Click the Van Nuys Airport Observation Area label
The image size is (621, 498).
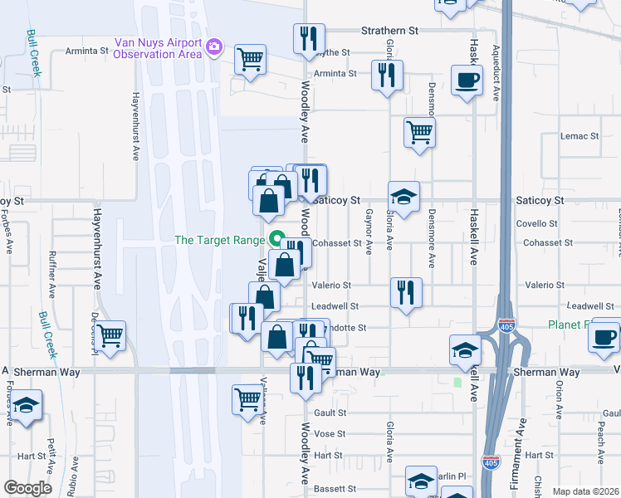(x=158, y=48)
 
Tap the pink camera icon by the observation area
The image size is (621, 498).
(x=215, y=45)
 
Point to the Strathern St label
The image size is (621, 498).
(x=389, y=30)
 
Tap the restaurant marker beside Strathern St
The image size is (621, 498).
(x=308, y=37)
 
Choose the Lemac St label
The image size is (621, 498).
(x=579, y=136)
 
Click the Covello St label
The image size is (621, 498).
(x=536, y=224)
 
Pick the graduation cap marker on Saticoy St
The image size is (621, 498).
(x=403, y=197)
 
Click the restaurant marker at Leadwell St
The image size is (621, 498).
(x=406, y=294)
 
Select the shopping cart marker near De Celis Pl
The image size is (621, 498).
(x=110, y=336)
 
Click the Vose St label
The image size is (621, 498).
(x=330, y=434)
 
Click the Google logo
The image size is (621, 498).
(x=27, y=488)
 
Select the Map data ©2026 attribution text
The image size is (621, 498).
(x=584, y=491)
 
